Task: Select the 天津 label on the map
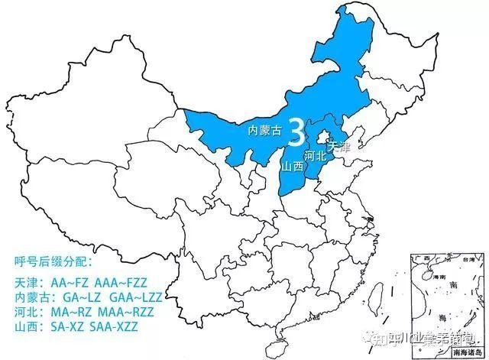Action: [x=337, y=146]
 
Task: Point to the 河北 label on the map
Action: [x=315, y=156]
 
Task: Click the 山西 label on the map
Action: [x=293, y=166]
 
